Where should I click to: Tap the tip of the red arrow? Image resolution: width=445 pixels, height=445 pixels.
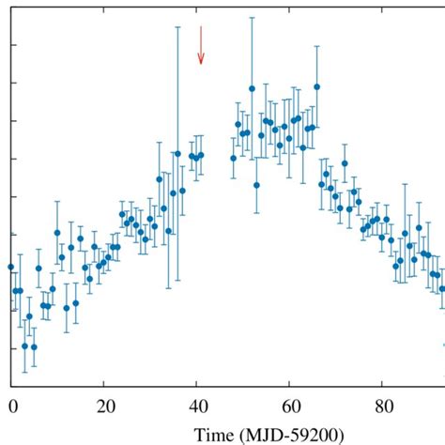(x=200, y=64)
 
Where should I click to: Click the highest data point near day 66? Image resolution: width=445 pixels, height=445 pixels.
(x=317, y=87)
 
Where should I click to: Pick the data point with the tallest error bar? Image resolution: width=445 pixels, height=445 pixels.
(x=177, y=153)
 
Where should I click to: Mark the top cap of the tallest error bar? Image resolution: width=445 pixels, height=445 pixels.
(x=177, y=26)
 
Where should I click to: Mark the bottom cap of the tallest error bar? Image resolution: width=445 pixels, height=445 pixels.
(x=177, y=283)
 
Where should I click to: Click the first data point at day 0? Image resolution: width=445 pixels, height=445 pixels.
(x=11, y=267)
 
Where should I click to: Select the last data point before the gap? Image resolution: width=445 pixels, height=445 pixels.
(x=201, y=155)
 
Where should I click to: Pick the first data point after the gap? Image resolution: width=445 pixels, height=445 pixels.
(x=234, y=158)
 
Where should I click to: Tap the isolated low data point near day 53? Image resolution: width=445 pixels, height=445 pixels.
(x=256, y=185)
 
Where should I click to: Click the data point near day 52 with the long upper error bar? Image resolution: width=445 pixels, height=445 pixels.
(x=252, y=89)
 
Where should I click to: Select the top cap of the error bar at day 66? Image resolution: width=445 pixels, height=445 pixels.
(x=317, y=44)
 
